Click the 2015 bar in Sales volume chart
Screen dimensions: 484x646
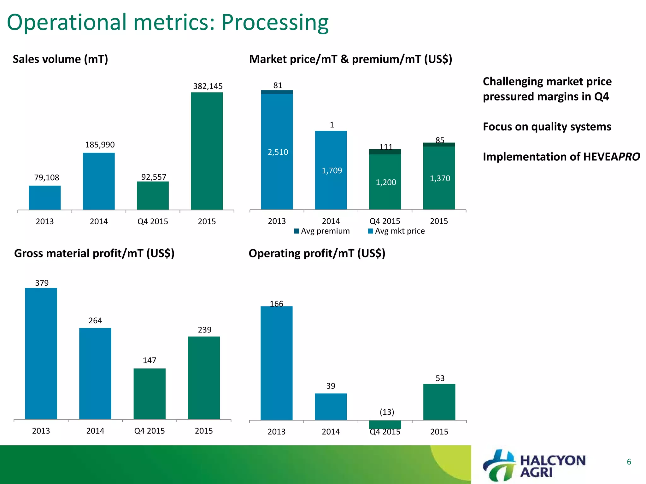pyautogui.click(x=207, y=151)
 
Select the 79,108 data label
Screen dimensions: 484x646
pyautogui.click(x=47, y=178)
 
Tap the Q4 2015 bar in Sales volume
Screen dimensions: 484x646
pyautogui.click(x=153, y=196)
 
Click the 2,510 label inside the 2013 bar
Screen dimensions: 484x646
pyautogui.click(x=278, y=152)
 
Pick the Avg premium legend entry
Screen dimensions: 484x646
pyautogui.click(x=322, y=231)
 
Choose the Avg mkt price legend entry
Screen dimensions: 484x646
pyautogui.click(x=396, y=231)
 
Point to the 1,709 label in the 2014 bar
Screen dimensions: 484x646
pyautogui.click(x=332, y=171)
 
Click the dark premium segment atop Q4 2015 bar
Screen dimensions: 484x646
pyautogui.click(x=385, y=152)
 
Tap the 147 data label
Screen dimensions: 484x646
pyautogui.click(x=150, y=360)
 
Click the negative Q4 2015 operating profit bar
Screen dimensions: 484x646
pyautogui.click(x=385, y=424)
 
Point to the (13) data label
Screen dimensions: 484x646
pyautogui.click(x=387, y=412)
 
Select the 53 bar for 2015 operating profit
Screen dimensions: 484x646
pyautogui.click(x=439, y=402)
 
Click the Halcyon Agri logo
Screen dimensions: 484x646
pyautogui.click(x=534, y=466)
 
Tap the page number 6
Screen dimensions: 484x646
pyautogui.click(x=629, y=462)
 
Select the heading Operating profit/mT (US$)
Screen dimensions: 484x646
pyautogui.click(x=317, y=254)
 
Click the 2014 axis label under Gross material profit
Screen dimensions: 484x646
pyautogui.click(x=95, y=431)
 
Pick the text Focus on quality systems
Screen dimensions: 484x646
pyautogui.click(x=547, y=127)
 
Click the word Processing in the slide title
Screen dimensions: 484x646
pyautogui.click(x=275, y=23)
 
